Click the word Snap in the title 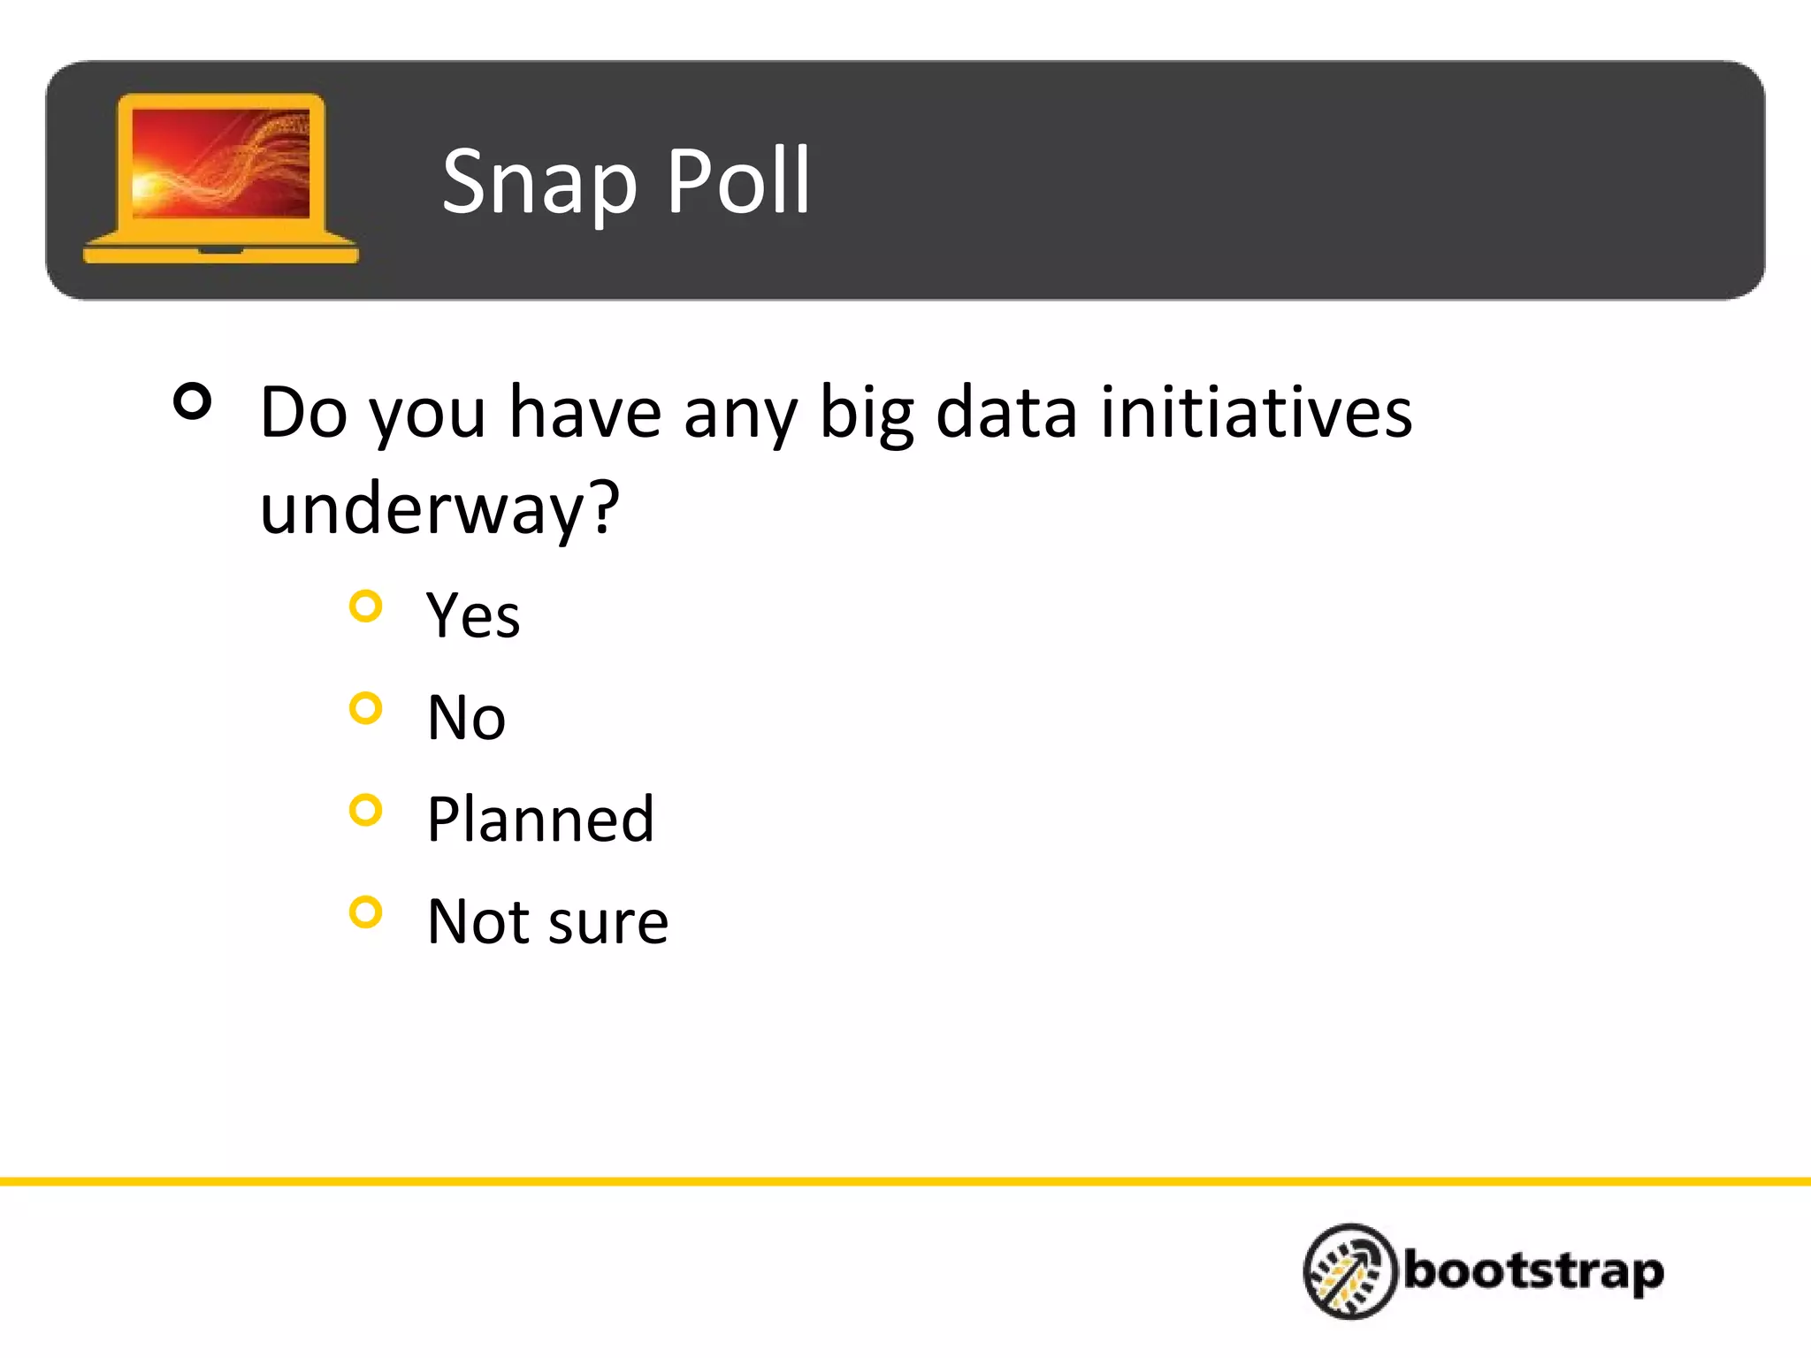[539, 183]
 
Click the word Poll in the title [737, 181]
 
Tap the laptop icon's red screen [220, 163]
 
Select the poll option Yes [472, 615]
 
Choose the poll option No [466, 717]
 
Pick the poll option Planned [540, 820]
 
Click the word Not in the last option [478, 921]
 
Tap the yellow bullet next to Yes [365, 607]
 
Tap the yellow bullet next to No [365, 708]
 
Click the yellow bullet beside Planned [365, 810]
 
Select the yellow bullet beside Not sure [365, 912]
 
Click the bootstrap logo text [1533, 1271]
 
